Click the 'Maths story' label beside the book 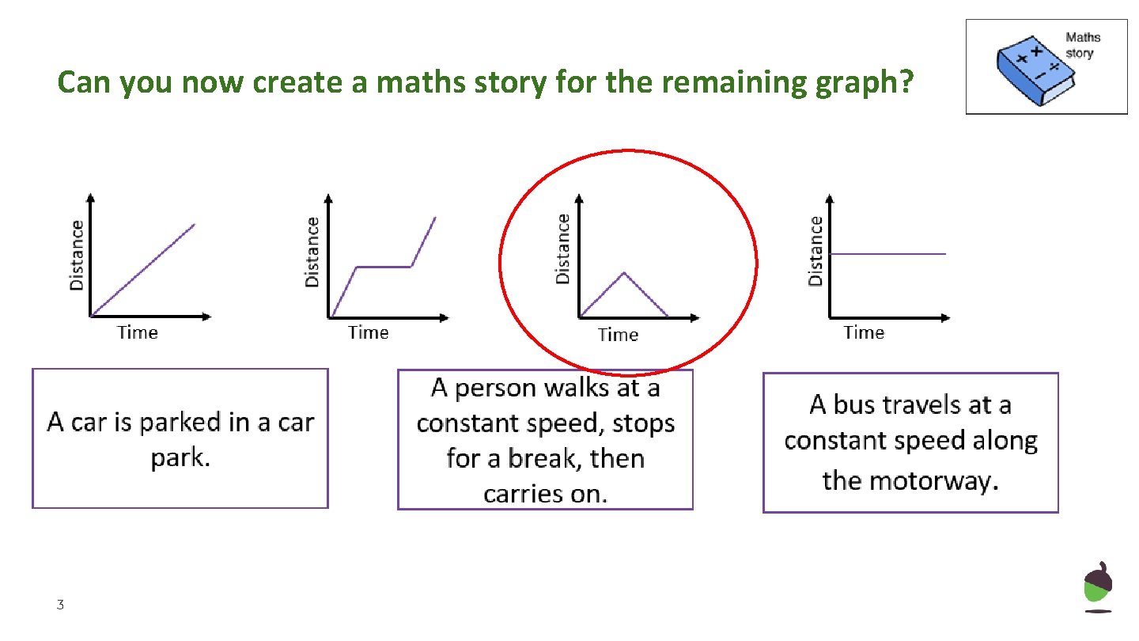click(1082, 45)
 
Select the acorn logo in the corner click(1098, 586)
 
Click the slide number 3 click(59, 605)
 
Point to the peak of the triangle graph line click(624, 273)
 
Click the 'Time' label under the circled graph click(618, 335)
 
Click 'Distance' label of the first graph click(77, 254)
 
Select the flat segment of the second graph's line click(384, 267)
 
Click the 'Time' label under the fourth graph click(863, 333)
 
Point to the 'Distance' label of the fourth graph click(815, 251)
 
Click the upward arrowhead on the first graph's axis click(91, 197)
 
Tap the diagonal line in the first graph click(142, 270)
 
